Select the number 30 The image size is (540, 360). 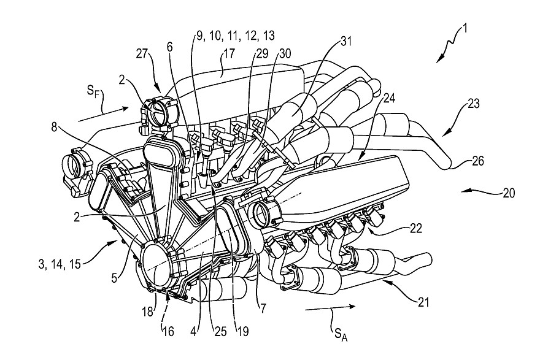click(284, 53)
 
